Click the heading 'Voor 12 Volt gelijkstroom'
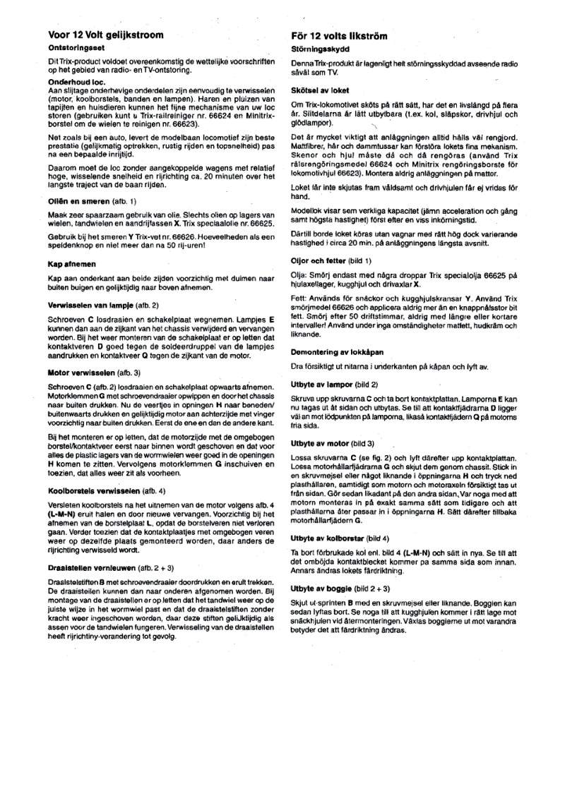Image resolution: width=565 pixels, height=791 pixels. tap(105, 35)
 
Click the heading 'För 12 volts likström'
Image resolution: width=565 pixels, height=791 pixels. tap(339, 35)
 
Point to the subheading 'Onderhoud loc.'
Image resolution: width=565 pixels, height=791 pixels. tap(76, 83)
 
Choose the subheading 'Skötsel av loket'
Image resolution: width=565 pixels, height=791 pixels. tap(320, 91)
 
